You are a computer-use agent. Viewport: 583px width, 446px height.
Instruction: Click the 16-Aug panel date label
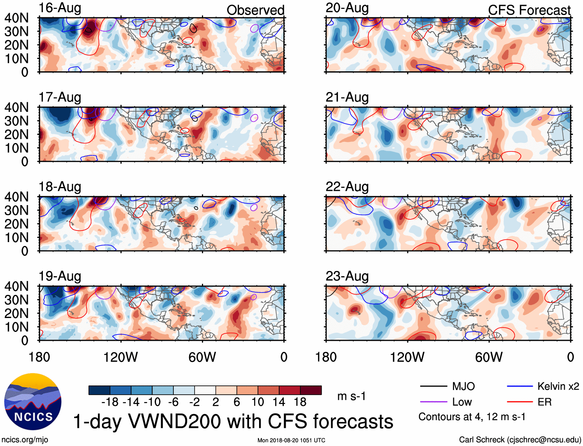click(60, 8)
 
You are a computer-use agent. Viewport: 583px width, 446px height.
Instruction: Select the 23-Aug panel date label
click(347, 276)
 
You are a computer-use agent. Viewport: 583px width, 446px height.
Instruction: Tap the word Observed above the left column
click(255, 10)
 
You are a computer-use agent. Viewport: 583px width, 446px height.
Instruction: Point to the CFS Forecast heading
click(529, 10)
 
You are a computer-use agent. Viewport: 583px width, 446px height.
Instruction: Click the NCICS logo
click(33, 402)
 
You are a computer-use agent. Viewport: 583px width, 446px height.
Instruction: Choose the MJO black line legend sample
click(433, 386)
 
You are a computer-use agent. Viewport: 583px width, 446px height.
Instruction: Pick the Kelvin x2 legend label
click(558, 386)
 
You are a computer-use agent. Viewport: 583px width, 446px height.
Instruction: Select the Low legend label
click(462, 402)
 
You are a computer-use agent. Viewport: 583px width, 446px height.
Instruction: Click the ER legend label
click(544, 402)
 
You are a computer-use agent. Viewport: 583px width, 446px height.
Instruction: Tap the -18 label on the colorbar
click(110, 402)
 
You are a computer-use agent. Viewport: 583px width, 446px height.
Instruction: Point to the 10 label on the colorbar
click(258, 402)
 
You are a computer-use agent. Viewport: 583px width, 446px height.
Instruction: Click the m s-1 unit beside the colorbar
click(351, 396)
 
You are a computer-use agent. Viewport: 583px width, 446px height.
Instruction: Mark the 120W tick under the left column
click(120, 357)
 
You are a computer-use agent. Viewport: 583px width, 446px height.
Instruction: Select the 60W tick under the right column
click(489, 357)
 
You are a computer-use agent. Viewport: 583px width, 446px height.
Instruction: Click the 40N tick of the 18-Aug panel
click(17, 197)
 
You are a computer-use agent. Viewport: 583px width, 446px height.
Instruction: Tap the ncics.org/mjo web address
click(25, 439)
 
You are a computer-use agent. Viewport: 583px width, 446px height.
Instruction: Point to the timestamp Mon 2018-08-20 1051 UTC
click(291, 440)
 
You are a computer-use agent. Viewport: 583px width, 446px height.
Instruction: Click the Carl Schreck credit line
click(520, 439)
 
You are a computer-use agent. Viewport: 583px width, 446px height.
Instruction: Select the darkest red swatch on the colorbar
click(311, 390)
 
